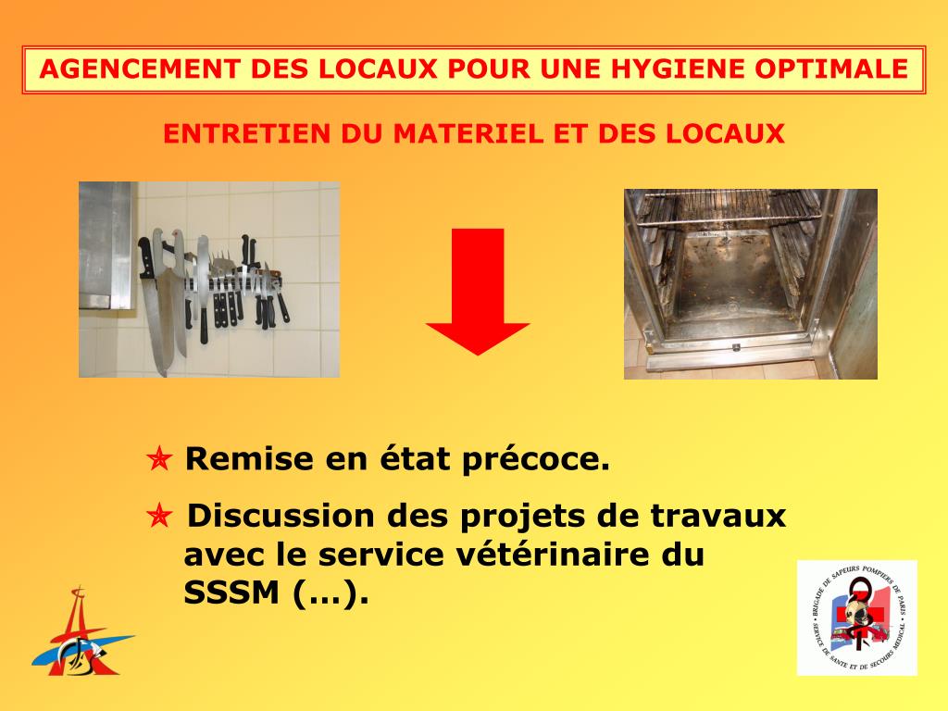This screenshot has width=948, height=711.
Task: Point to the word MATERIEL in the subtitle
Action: [x=469, y=133]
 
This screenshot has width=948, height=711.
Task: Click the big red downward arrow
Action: [x=478, y=292]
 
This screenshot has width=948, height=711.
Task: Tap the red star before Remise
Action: [x=159, y=459]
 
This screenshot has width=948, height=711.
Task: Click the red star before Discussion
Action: [x=159, y=516]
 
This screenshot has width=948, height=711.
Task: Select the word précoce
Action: [x=536, y=460]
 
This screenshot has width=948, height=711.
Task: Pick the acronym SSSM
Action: [x=231, y=593]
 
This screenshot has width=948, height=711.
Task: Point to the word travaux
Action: [x=718, y=517]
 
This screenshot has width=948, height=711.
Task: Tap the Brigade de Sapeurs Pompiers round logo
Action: [x=857, y=617]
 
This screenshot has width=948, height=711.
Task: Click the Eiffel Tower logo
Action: [x=81, y=631]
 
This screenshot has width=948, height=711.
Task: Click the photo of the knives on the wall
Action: [x=209, y=280]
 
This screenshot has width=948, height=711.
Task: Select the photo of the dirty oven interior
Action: [x=750, y=284]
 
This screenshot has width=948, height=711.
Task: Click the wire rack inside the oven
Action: [x=729, y=208]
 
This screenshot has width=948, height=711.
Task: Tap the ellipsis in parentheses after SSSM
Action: [x=331, y=593]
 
